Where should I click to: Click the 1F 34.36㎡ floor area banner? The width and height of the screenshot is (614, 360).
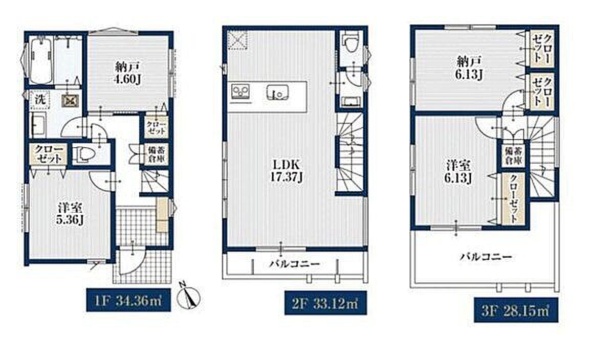pos(128,300)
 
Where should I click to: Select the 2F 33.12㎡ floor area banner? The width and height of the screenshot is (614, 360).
pos(325,303)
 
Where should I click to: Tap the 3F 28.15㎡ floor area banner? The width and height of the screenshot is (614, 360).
pos(516,309)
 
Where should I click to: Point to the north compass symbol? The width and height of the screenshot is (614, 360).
pos(188,296)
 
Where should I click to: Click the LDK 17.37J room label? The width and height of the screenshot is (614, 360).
pos(286,171)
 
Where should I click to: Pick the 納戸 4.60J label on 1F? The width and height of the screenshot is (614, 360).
pos(127,73)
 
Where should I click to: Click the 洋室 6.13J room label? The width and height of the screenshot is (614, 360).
pos(457,172)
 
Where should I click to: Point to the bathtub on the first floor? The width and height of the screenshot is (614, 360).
pos(41,61)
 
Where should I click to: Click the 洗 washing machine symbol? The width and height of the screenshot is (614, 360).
pos(40,100)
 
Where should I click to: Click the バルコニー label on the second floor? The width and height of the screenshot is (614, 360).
pos(295,263)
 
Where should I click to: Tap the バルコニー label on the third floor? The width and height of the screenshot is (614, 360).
pos(486,257)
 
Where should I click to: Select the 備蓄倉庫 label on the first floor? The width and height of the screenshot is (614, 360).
pos(155,154)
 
